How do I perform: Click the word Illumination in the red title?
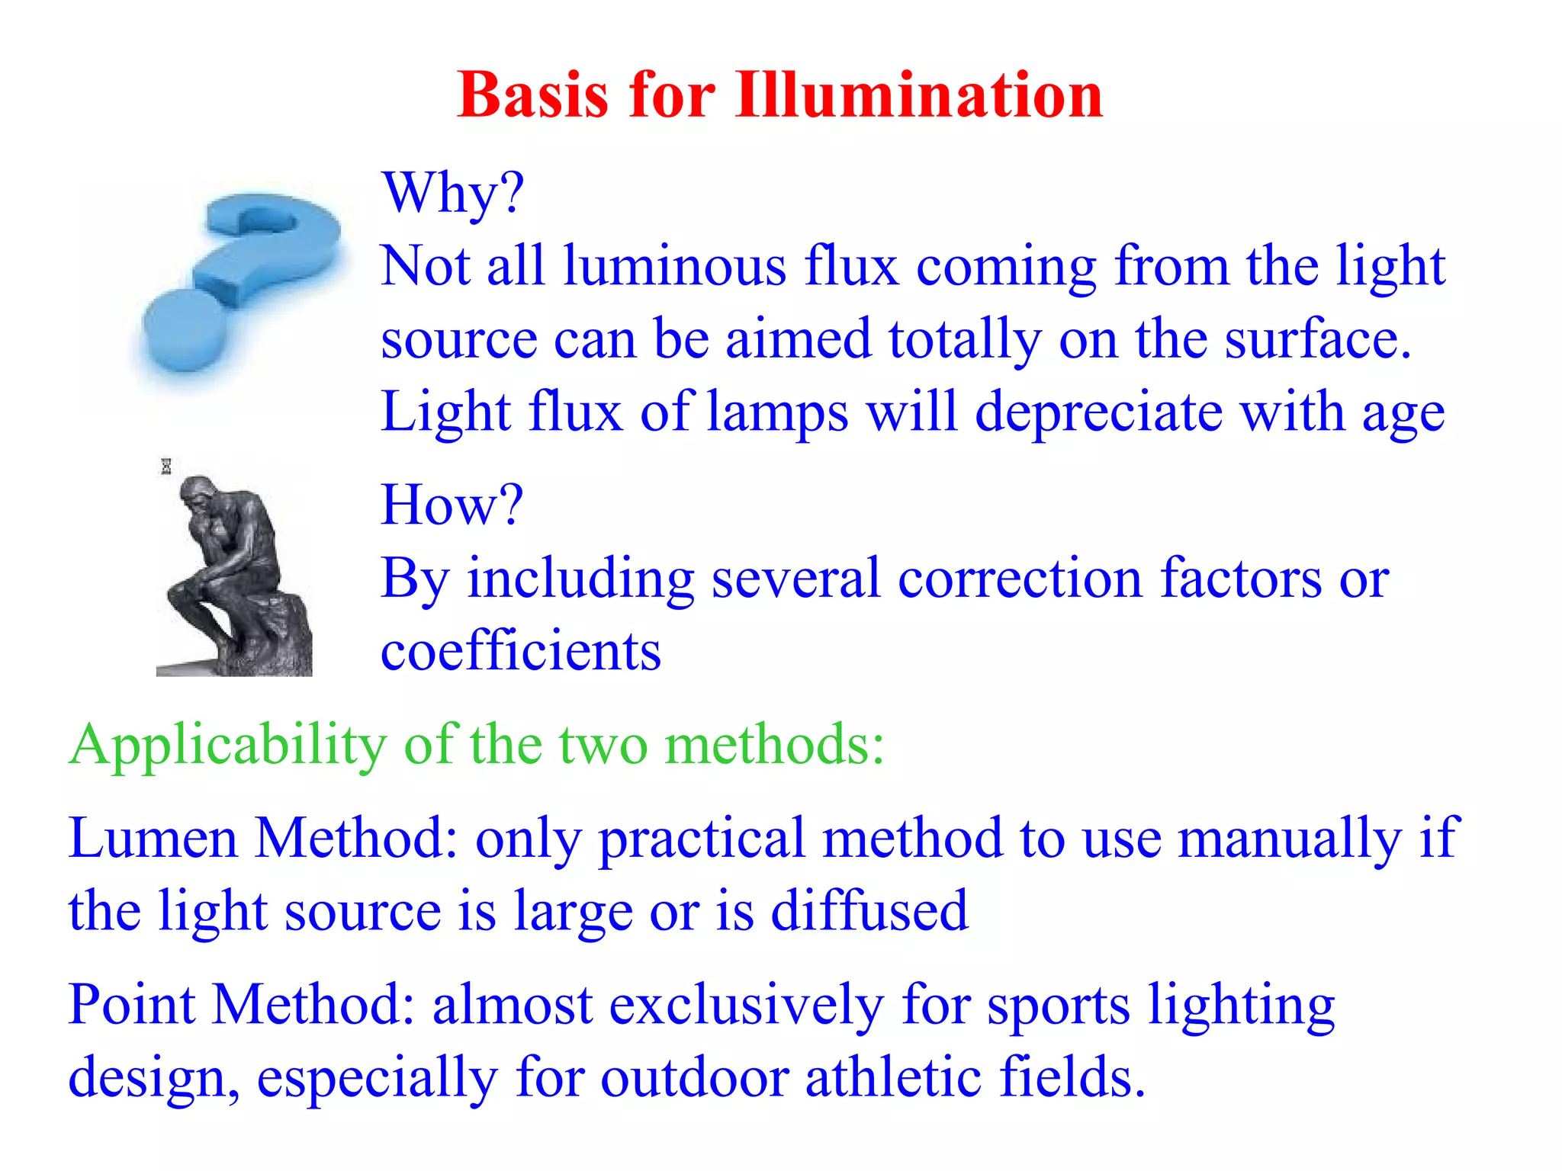point(919,95)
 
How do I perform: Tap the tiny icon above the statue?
point(166,467)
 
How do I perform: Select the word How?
point(452,505)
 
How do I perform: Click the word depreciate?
point(1099,412)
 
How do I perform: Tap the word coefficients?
point(521,651)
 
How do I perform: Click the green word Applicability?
point(227,745)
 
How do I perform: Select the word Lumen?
point(153,838)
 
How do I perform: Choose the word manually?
point(1290,838)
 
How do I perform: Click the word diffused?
point(869,910)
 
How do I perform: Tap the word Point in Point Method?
point(131,1004)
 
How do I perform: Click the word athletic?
point(894,1077)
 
